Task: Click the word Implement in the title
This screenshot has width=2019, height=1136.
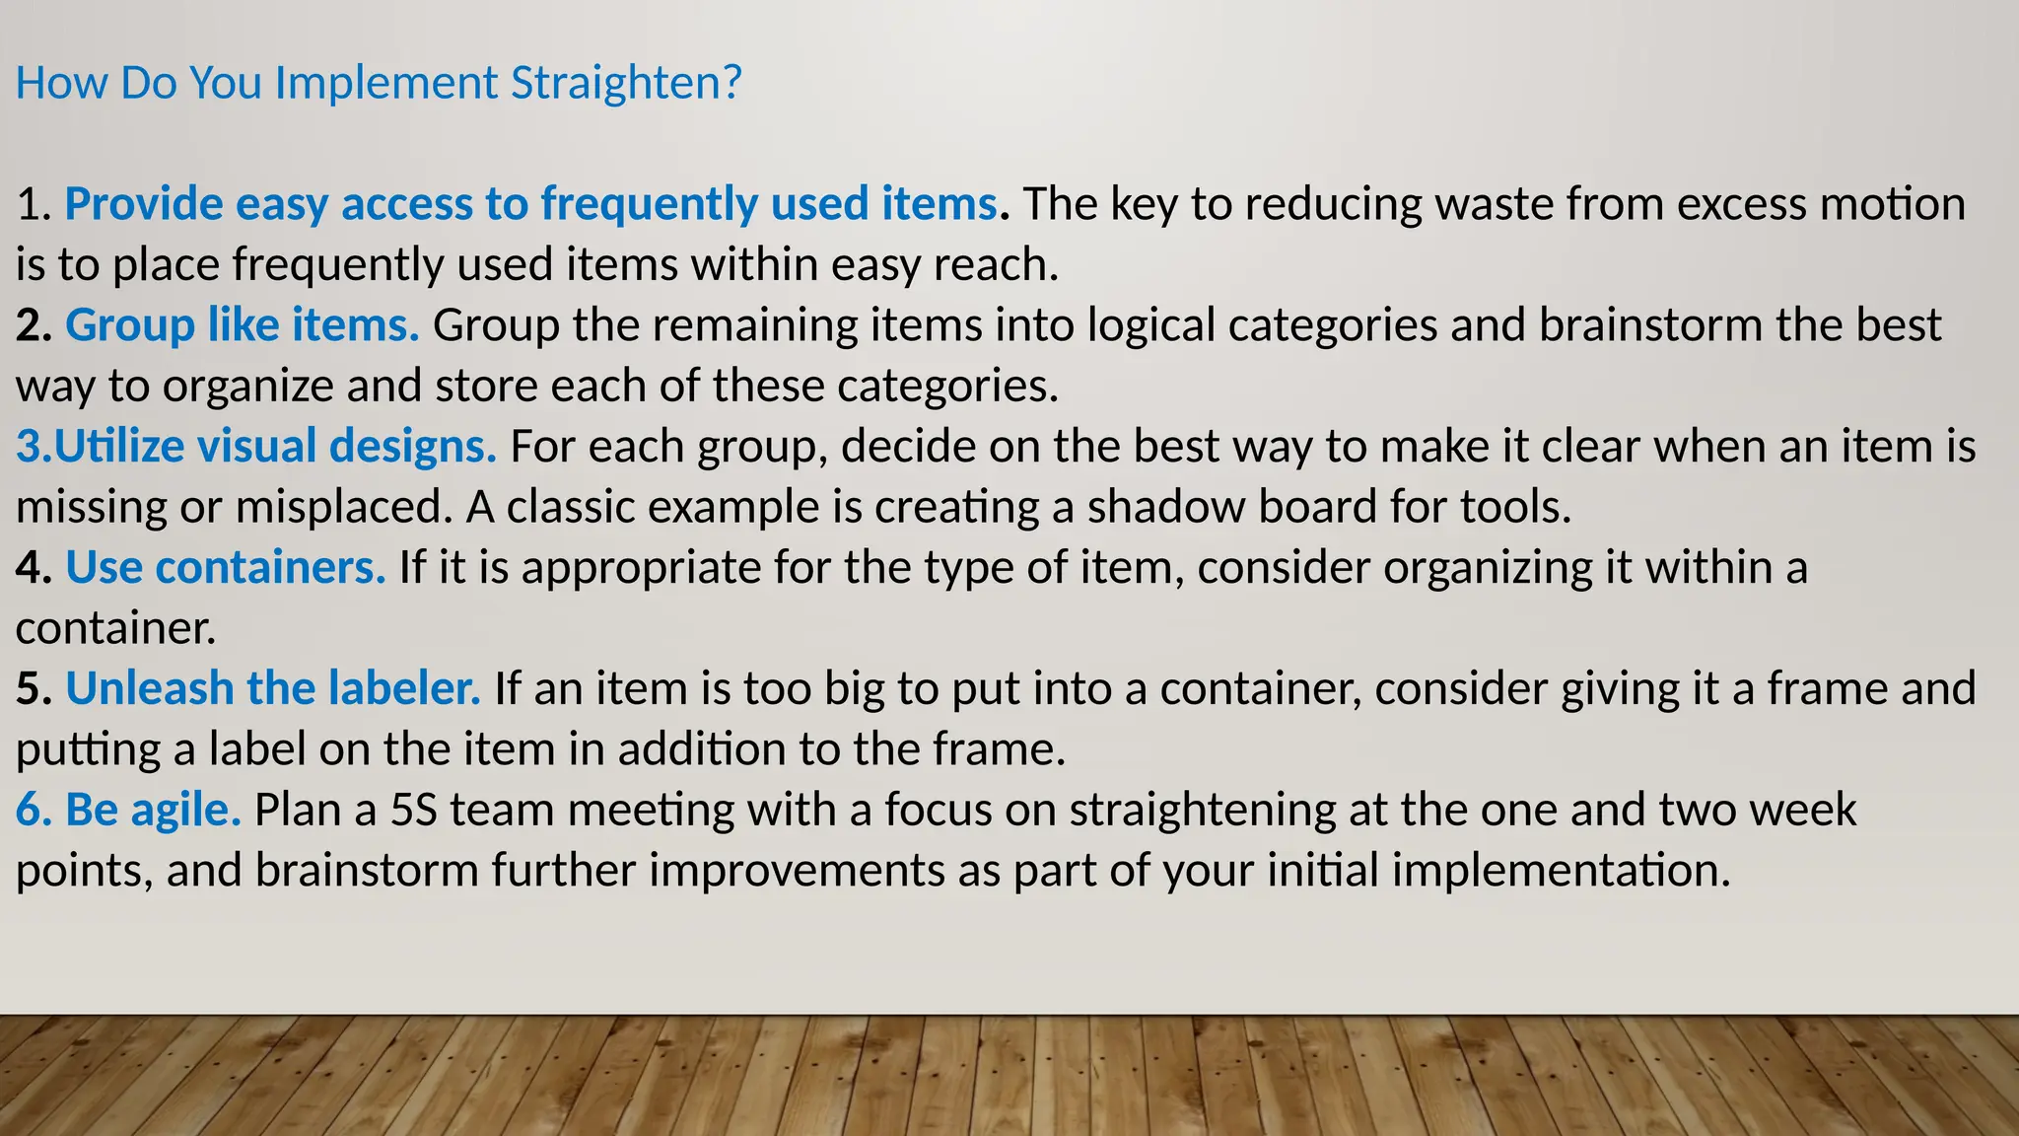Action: [x=386, y=84]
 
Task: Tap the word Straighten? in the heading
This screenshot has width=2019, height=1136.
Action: [x=626, y=84]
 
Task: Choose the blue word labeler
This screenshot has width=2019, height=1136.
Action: [x=404, y=688]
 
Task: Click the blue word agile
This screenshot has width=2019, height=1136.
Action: [x=186, y=811]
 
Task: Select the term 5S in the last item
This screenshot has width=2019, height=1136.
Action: [x=414, y=811]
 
